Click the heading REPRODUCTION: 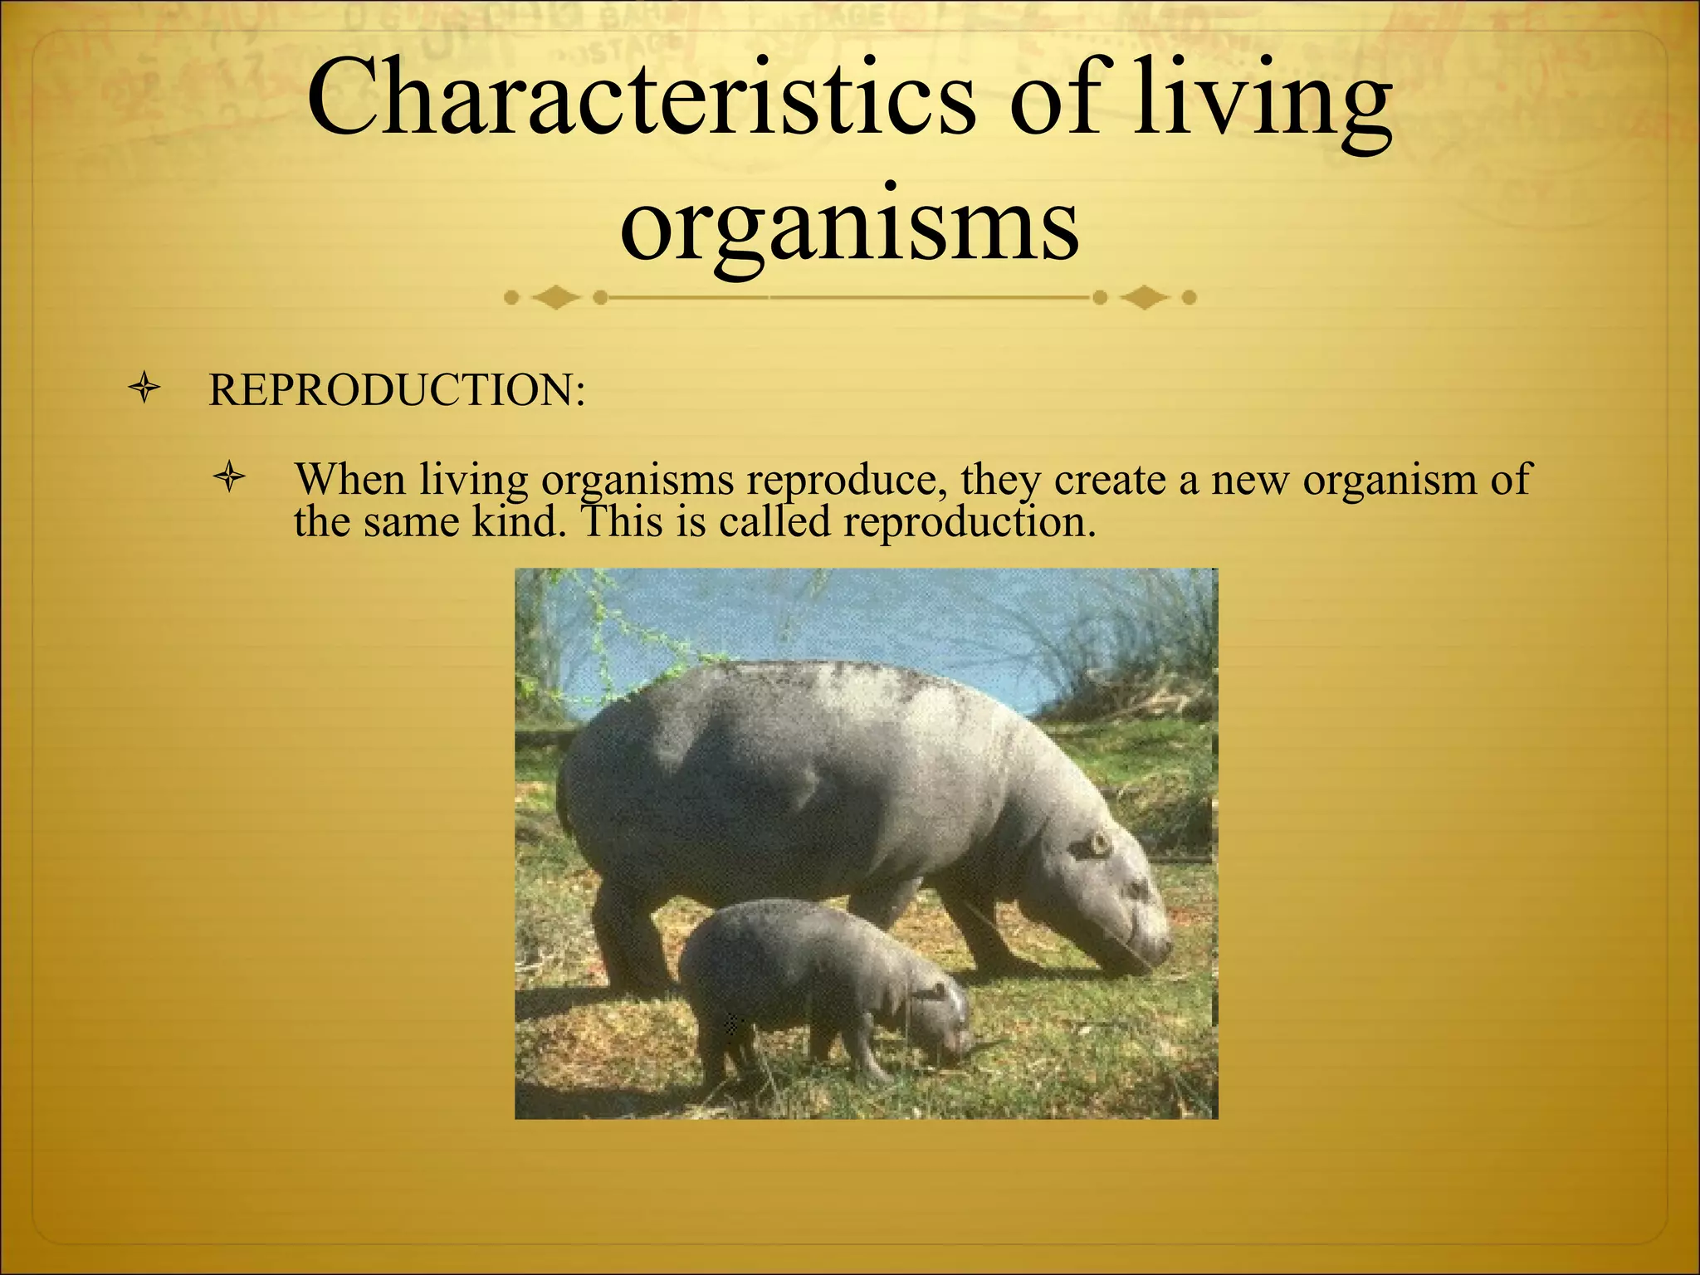(x=397, y=390)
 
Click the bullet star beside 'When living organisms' (x=230, y=477)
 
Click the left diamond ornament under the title (x=555, y=296)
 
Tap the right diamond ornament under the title (x=1145, y=296)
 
